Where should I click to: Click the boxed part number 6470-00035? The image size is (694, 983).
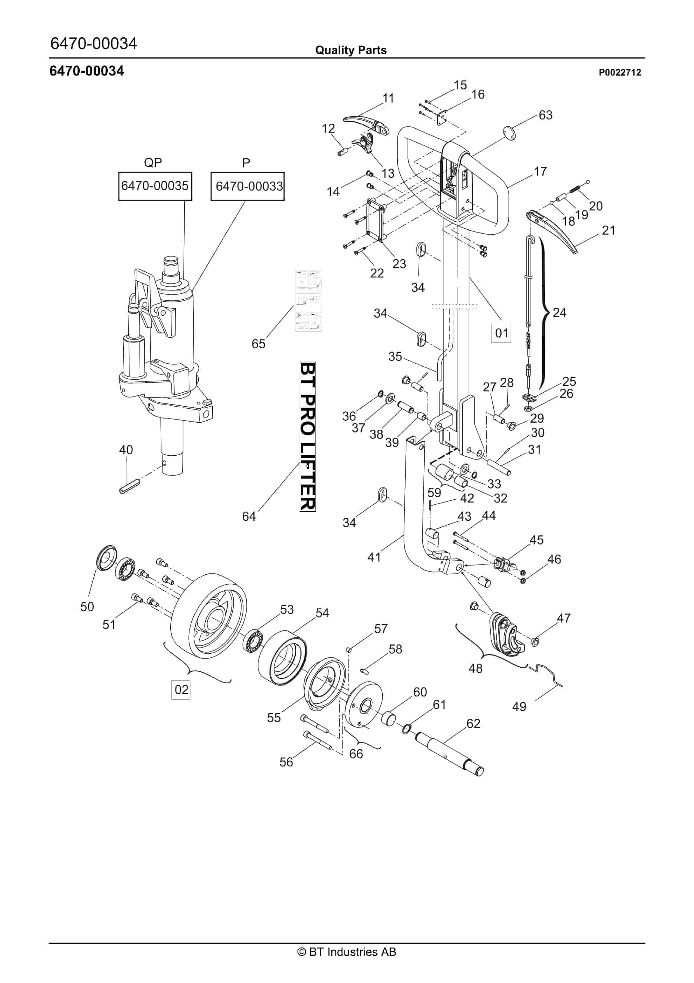155,186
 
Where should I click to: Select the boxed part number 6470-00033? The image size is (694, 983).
247,186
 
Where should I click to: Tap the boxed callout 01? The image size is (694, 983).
501,333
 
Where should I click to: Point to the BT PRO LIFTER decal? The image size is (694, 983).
308,437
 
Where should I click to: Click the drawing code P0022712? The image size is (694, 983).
620,72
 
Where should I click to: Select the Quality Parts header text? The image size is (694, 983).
351,50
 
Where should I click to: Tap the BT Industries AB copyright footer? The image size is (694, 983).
347,952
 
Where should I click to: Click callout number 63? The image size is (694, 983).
546,115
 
